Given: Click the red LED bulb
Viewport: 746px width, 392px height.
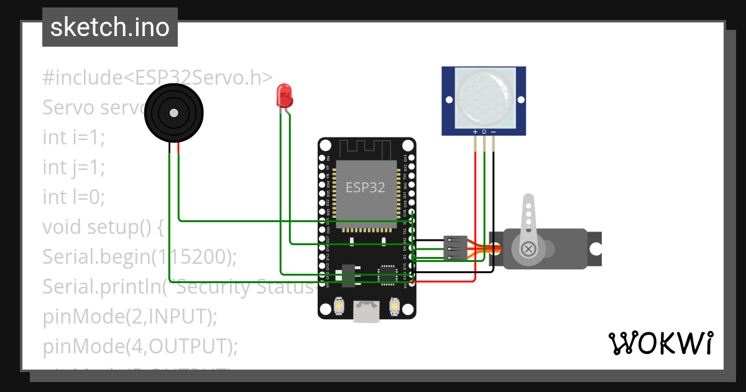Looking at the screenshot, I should (284, 95).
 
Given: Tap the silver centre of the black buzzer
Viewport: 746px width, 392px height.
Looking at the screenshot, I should (173, 113).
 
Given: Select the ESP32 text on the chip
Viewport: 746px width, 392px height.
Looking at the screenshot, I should (365, 187).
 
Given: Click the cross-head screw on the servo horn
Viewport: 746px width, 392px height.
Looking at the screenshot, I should (528, 250).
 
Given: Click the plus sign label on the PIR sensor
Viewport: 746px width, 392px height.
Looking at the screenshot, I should (476, 132).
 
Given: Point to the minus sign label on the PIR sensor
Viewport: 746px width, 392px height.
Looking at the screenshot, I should (494, 132).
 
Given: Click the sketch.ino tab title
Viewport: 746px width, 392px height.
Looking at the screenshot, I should (110, 27).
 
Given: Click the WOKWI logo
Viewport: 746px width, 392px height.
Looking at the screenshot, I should (660, 343).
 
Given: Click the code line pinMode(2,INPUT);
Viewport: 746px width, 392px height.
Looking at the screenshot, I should (130, 316).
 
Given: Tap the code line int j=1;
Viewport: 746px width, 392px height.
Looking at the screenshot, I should (73, 167).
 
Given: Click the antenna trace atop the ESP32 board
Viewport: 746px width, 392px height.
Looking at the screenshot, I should (366, 149).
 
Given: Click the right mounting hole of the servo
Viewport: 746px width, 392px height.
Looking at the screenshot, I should (596, 249).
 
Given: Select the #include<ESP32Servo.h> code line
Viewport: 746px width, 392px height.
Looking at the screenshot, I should (157, 78).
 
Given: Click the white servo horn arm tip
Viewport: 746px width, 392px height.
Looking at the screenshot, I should (528, 202).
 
